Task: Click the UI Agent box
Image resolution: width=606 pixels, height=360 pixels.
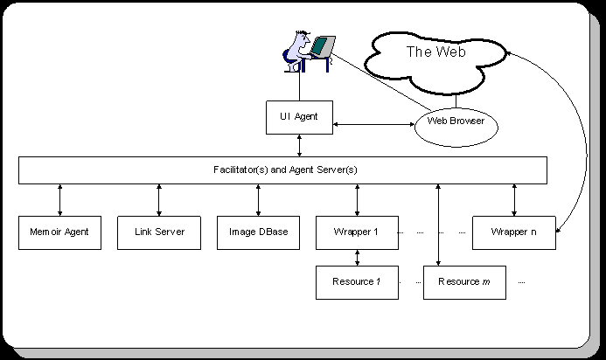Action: tap(299, 117)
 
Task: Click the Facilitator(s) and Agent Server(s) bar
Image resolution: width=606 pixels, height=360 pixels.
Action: tap(283, 170)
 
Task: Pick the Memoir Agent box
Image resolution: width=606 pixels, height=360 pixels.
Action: tap(59, 232)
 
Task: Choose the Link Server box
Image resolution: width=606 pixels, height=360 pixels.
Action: tap(158, 232)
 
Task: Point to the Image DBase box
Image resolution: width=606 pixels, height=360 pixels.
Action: tap(258, 232)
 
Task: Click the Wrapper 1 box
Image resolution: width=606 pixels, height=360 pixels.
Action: tap(357, 232)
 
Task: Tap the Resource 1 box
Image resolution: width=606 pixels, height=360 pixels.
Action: tap(357, 282)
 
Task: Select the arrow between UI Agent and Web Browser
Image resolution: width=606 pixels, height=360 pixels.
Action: tap(373, 124)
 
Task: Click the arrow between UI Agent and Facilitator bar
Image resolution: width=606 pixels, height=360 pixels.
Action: tap(300, 145)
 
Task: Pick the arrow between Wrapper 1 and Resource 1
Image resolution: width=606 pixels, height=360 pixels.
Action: tap(357, 257)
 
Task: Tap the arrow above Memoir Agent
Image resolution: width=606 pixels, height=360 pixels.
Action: tap(59, 199)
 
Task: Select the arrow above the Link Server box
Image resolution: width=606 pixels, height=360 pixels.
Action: tap(158, 199)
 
